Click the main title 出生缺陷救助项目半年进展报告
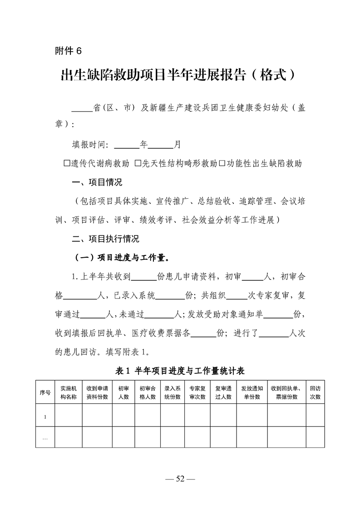coord(172,75)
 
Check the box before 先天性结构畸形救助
coord(138,163)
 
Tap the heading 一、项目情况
coord(97,182)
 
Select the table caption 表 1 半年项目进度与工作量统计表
coord(180,371)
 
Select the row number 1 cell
coord(45,415)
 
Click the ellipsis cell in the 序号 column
coord(45,437)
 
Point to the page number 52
coord(180,479)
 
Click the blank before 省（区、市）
coord(82,108)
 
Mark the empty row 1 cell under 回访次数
coord(315,415)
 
